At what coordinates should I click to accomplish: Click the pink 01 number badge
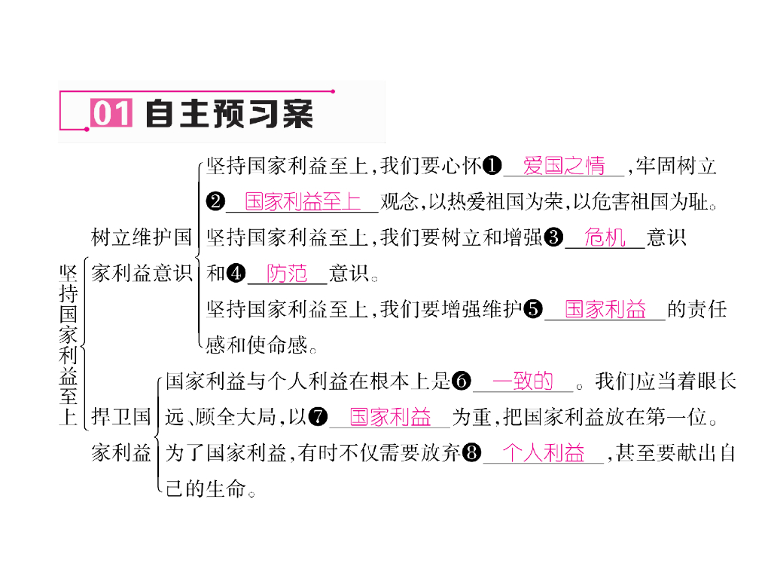[111, 114]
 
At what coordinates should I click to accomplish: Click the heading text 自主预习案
[228, 114]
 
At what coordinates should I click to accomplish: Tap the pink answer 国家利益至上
[303, 202]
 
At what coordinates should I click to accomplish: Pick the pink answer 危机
[605, 238]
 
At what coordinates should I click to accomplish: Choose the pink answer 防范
[287, 274]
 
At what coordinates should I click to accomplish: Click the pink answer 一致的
[523, 381]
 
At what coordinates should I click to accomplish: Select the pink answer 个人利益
[544, 453]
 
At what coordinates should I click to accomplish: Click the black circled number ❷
[215, 202]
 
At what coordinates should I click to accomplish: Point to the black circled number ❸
[553, 238]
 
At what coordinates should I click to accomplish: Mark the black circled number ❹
[236, 274]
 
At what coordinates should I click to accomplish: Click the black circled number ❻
[462, 381]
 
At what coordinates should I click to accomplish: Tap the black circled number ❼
[318, 417]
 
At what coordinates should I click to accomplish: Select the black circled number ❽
[472, 453]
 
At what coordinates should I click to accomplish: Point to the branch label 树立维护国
[142, 238]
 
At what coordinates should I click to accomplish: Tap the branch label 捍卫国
[121, 417]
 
